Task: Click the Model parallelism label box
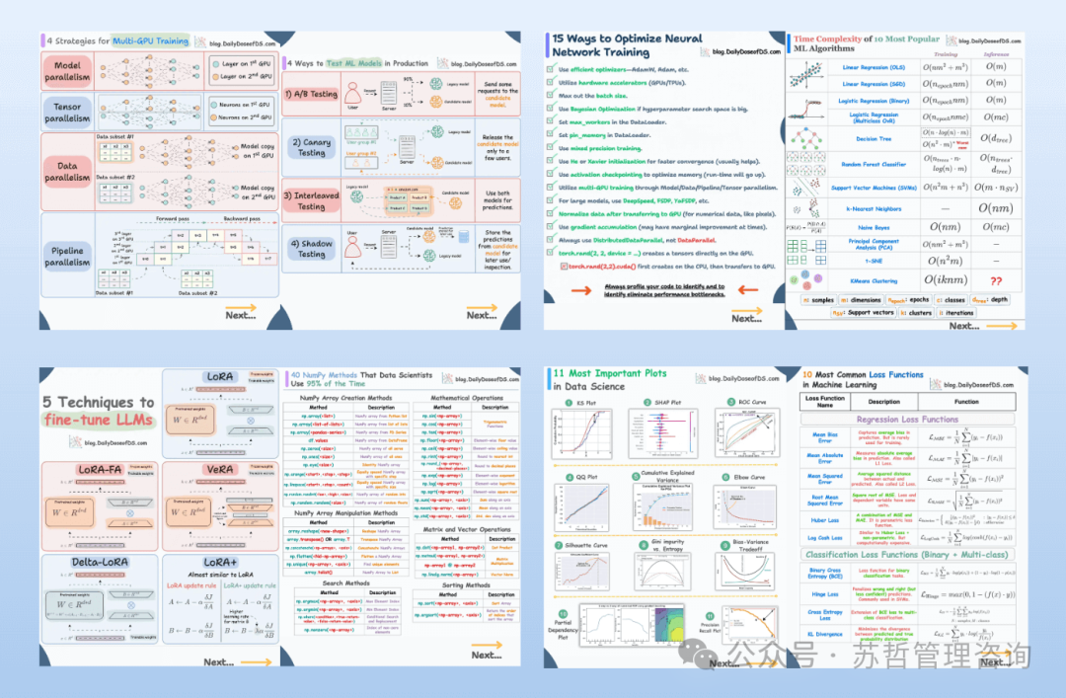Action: pyautogui.click(x=67, y=70)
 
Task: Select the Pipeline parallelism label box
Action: pyautogui.click(x=67, y=256)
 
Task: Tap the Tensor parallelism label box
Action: pyautogui.click(x=67, y=112)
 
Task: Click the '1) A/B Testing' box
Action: pyautogui.click(x=311, y=95)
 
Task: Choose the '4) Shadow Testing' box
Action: pyautogui.click(x=311, y=249)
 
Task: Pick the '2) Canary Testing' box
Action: pyautogui.click(x=311, y=147)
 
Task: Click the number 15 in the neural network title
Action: pyautogui.click(x=559, y=39)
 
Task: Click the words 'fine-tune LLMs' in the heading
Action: pyautogui.click(x=98, y=420)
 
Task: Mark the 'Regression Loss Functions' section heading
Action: pyautogui.click(x=907, y=420)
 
